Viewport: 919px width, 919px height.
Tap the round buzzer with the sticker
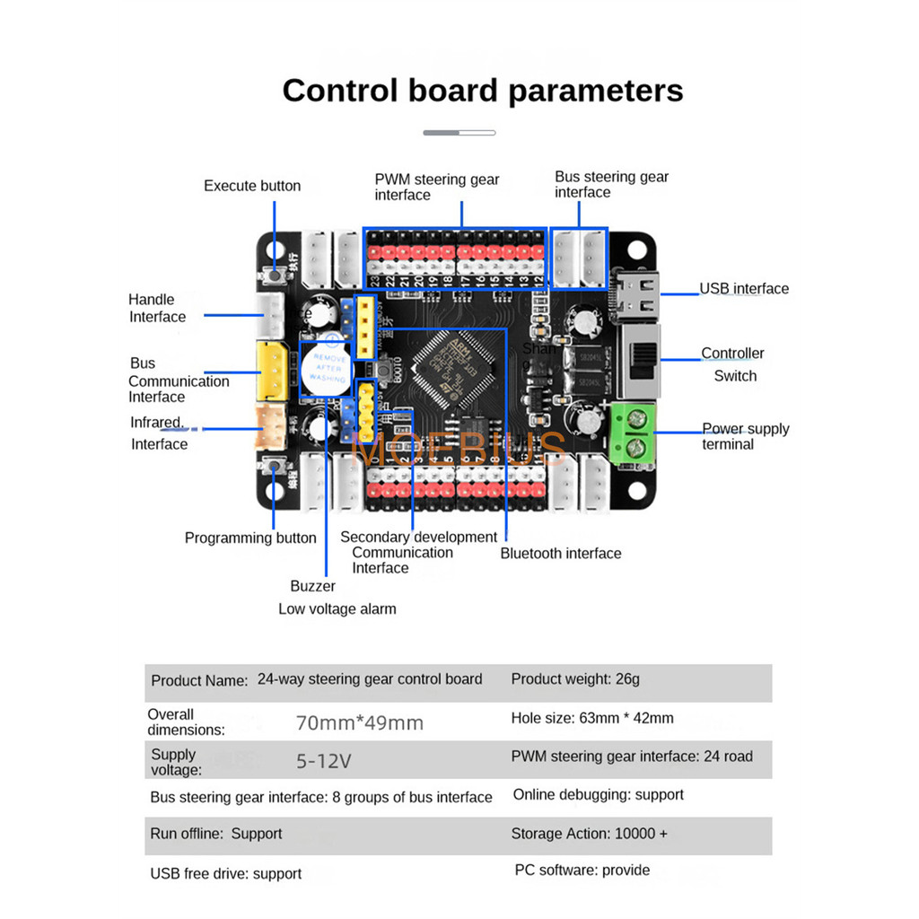pos(323,368)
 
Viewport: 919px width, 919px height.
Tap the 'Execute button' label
pos(252,186)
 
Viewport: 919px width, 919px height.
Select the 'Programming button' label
pos(250,538)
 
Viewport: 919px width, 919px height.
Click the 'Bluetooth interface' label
pos(561,554)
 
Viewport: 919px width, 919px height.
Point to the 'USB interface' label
pos(744,288)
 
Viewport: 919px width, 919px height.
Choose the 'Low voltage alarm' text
pos(337,608)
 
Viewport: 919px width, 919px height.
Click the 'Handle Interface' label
pos(157,308)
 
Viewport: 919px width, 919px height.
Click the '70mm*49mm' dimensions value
pos(360,722)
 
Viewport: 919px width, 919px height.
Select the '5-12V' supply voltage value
pos(324,762)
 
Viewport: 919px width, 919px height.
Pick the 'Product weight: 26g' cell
pos(575,679)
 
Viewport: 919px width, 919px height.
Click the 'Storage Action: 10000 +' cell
pos(589,834)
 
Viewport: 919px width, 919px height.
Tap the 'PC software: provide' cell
pos(582,871)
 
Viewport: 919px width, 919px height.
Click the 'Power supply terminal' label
pos(745,436)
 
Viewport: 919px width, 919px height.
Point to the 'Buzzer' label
pos(312,586)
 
